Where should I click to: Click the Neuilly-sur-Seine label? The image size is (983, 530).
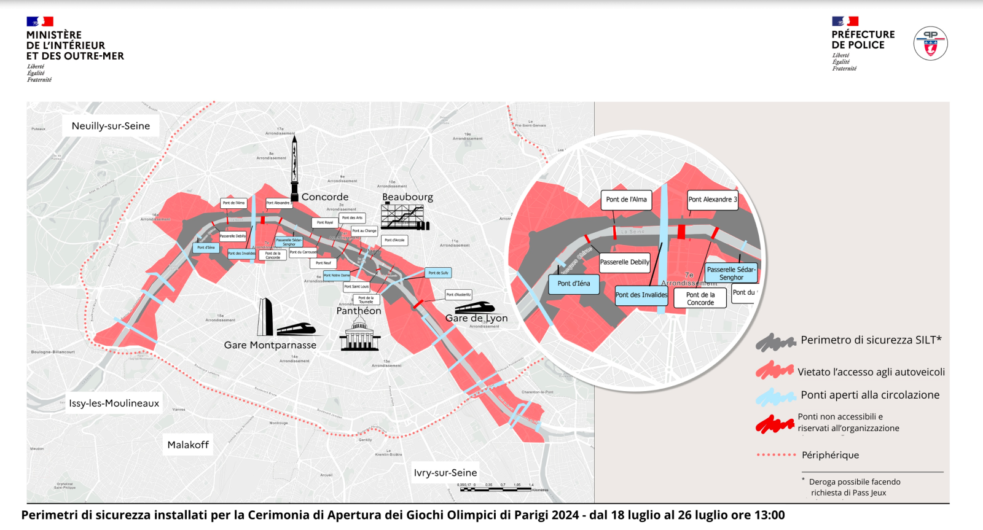111,126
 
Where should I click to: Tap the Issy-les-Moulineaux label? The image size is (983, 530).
114,403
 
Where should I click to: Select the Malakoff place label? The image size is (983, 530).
188,445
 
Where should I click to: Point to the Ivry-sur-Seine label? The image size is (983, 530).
445,473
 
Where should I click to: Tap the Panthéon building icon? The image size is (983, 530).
359,335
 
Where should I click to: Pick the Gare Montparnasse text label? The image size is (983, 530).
270,345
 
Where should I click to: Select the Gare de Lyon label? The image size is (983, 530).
476,318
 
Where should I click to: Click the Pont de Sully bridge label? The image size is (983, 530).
438,273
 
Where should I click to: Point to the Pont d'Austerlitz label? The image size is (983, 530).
458,295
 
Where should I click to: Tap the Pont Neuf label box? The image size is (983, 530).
323,263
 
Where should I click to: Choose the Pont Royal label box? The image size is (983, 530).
324,222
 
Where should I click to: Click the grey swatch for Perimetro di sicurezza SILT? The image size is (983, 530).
775,342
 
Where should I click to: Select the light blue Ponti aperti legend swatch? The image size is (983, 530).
775,397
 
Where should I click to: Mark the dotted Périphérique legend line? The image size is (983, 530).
777,455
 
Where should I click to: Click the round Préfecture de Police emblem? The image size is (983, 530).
930,43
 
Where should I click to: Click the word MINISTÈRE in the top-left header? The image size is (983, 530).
54,35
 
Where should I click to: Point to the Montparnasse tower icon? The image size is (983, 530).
265,317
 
